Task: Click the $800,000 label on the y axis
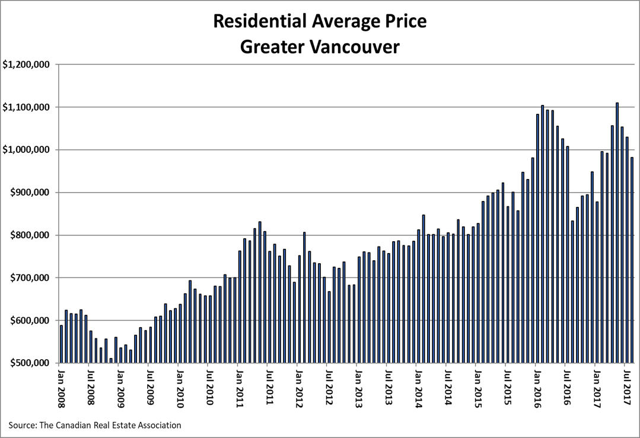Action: pyautogui.click(x=31, y=235)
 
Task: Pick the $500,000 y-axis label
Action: pyautogui.click(x=31, y=363)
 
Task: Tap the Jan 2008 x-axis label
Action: pyautogui.click(x=61, y=388)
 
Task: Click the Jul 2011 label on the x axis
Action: pyautogui.click(x=270, y=388)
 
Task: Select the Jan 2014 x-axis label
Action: pyautogui.click(x=419, y=388)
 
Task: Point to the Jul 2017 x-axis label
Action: pyautogui.click(x=628, y=388)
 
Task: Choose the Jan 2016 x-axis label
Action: pyautogui.click(x=538, y=388)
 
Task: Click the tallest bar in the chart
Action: pyautogui.click(x=617, y=233)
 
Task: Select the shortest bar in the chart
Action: pyautogui.click(x=110, y=360)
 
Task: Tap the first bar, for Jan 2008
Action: pyautogui.click(x=61, y=344)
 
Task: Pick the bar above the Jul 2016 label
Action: pyautogui.click(x=568, y=255)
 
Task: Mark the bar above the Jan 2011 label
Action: pyautogui.click(x=240, y=307)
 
